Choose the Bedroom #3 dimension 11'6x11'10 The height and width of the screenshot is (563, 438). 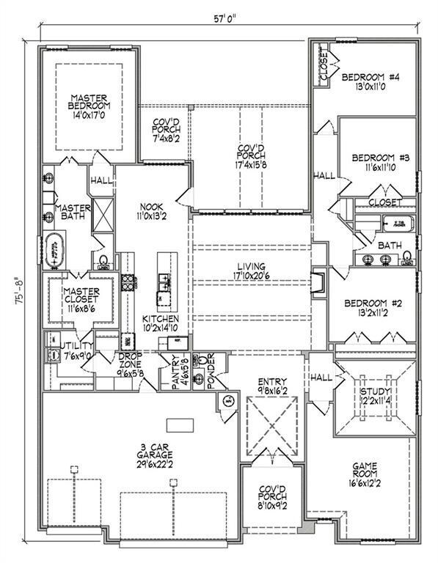[374, 168]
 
